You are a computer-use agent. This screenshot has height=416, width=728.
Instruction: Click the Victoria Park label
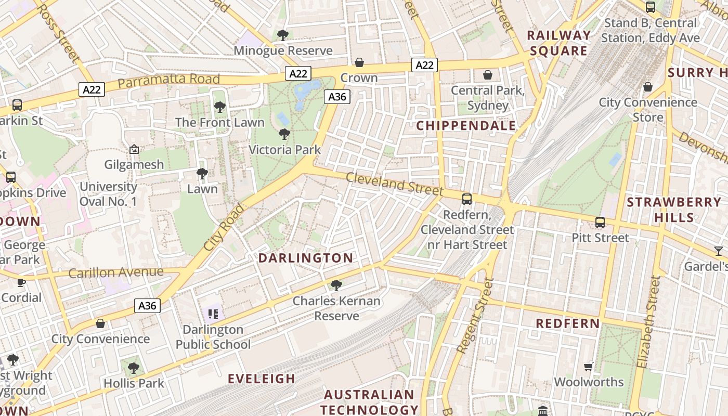(x=284, y=150)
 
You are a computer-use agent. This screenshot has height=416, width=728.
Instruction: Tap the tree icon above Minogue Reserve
(x=283, y=35)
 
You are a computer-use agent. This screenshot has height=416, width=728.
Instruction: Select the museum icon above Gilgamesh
(x=134, y=150)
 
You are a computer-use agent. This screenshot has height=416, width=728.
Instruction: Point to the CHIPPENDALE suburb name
(x=466, y=125)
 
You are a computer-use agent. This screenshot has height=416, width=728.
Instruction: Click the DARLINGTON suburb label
(x=306, y=258)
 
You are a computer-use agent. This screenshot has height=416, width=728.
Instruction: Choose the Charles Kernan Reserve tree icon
(x=336, y=285)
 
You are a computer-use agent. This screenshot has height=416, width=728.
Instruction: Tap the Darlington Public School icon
(x=213, y=314)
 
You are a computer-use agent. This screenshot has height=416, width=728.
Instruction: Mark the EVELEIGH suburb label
(x=262, y=379)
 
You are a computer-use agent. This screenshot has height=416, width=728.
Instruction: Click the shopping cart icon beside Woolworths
(x=589, y=367)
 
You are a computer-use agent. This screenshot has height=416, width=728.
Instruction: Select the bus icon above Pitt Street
(x=600, y=223)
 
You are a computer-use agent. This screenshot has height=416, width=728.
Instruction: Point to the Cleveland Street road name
(x=394, y=184)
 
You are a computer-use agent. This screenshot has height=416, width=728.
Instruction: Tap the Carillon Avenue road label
(x=116, y=272)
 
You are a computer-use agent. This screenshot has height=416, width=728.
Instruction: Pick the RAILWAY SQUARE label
(x=559, y=43)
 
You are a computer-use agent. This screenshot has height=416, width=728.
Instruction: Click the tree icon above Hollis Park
(x=134, y=368)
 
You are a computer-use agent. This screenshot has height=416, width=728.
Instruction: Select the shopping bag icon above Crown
(x=359, y=62)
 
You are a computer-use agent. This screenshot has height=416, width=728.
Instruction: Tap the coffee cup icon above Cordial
(x=21, y=282)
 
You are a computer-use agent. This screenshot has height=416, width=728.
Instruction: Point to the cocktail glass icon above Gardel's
(x=719, y=251)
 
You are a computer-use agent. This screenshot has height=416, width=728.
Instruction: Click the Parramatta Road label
(x=168, y=80)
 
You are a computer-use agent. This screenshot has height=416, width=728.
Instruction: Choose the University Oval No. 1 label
(x=108, y=193)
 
